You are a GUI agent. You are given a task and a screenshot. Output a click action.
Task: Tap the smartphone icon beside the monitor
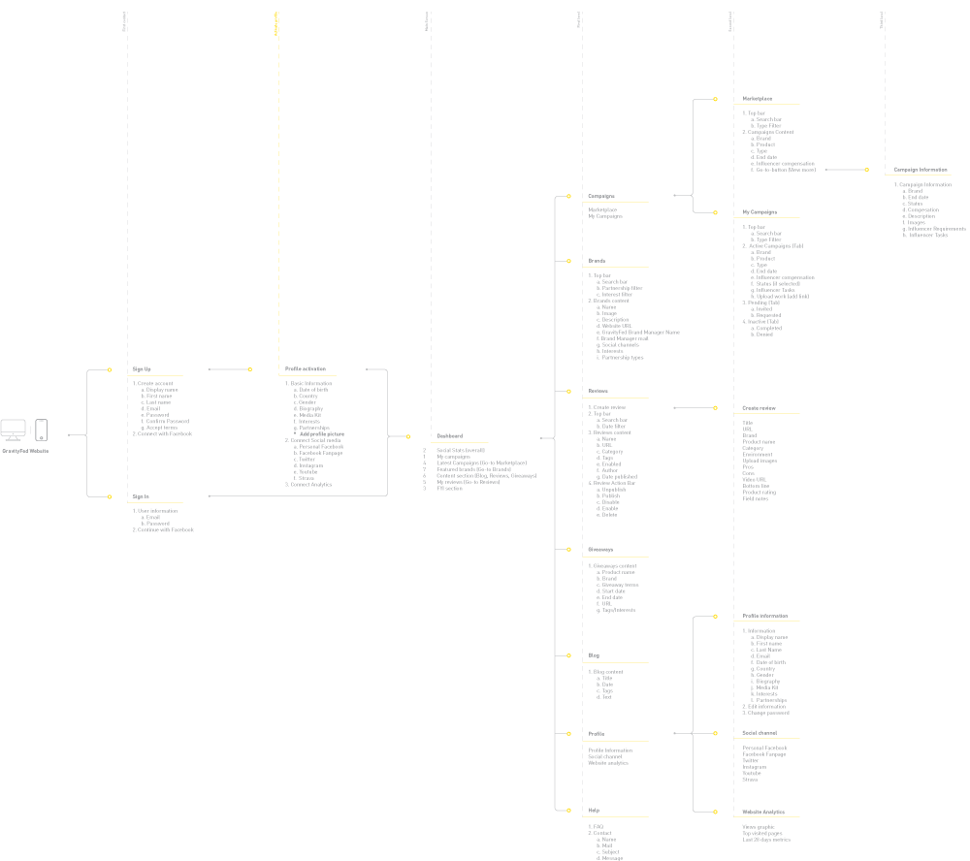tap(41, 430)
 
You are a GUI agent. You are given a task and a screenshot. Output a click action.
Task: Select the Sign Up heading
tap(142, 369)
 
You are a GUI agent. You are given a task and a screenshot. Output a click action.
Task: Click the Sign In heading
tap(141, 495)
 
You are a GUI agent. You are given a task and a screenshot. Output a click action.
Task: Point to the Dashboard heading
tap(449, 436)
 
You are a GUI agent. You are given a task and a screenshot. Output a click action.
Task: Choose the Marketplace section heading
tap(758, 99)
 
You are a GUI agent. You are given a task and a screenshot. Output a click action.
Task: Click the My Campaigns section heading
tap(760, 211)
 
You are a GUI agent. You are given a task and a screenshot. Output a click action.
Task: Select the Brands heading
tap(597, 261)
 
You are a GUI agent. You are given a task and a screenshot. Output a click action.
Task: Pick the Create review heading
tap(760, 408)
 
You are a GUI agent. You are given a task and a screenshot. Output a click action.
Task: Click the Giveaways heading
tap(600, 550)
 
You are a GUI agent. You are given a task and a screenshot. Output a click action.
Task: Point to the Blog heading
tap(594, 655)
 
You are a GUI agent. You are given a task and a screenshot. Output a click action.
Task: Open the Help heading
tap(594, 810)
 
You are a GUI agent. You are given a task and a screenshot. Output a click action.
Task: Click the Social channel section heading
tap(760, 733)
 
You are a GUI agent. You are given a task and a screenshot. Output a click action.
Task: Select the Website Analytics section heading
tap(763, 813)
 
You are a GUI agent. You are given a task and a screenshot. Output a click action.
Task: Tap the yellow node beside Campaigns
tap(569, 197)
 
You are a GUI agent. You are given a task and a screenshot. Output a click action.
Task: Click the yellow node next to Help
tap(569, 810)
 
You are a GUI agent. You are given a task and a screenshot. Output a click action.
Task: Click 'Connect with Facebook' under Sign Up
tap(162, 434)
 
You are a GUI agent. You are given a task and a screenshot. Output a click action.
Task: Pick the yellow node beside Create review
tap(716, 408)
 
